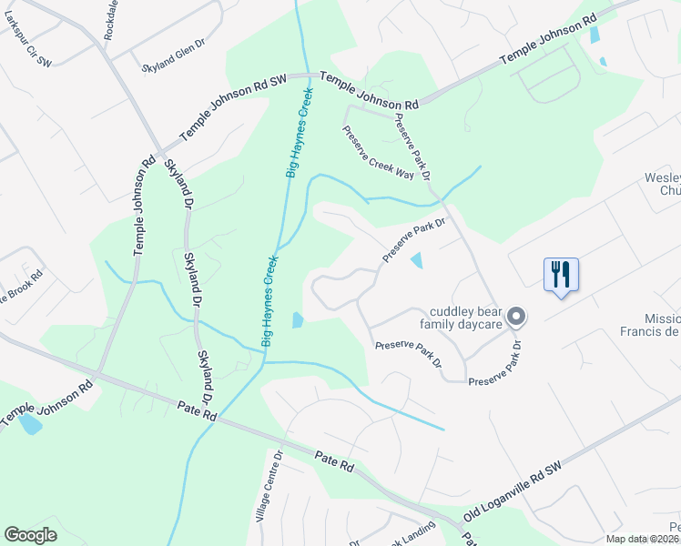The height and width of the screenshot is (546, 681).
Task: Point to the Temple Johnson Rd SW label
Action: [233, 107]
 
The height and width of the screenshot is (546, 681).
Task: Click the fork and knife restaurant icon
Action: [561, 274]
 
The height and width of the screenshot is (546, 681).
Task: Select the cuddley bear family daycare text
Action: [460, 317]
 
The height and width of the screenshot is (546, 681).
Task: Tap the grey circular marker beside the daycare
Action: [516, 317]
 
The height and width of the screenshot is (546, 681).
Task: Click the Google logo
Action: [31, 535]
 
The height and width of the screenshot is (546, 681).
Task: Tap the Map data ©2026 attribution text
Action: [643, 539]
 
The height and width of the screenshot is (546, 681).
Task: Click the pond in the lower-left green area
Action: [31, 424]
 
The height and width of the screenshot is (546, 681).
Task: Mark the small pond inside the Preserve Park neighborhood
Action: [417, 261]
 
